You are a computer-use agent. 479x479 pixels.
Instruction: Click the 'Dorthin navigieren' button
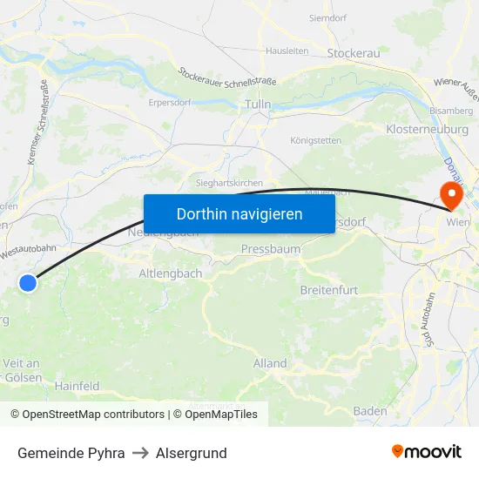coord(239,213)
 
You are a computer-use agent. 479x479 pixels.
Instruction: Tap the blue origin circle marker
coord(29,282)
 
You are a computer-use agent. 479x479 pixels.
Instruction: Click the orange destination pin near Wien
coord(452,192)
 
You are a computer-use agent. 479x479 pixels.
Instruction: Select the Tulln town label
coord(259,105)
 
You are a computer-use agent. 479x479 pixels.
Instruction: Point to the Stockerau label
coord(354,53)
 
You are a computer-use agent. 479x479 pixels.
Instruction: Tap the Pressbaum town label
coord(271,249)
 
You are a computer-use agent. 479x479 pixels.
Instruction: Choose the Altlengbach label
coord(171,273)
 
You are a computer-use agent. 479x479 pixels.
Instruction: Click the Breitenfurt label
coord(329,289)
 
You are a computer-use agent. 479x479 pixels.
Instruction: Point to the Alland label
coord(270,363)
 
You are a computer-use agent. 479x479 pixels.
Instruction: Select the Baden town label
coord(370,410)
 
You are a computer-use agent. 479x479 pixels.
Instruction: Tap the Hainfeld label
coord(78,385)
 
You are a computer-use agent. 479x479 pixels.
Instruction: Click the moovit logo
coord(427,452)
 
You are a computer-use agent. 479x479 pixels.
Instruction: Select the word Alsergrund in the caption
coord(191,453)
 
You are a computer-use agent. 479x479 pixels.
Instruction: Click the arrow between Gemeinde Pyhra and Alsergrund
coord(140,453)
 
